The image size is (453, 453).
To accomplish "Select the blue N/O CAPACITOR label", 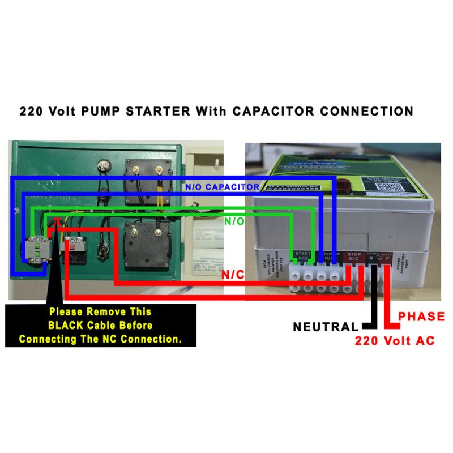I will pyautogui.click(x=222, y=186).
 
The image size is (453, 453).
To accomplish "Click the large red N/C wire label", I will pyautogui.click(x=233, y=274).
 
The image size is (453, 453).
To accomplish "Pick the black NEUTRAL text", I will pyautogui.click(x=326, y=327).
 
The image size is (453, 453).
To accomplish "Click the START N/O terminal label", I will pyautogui.click(x=301, y=256).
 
